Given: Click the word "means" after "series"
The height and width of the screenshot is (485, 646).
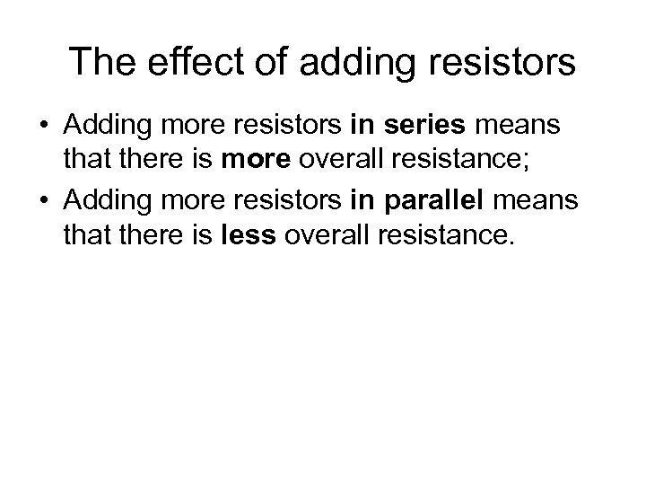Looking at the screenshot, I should pos(529,128).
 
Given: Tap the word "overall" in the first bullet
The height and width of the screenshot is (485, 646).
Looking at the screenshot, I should pos(327,160).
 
